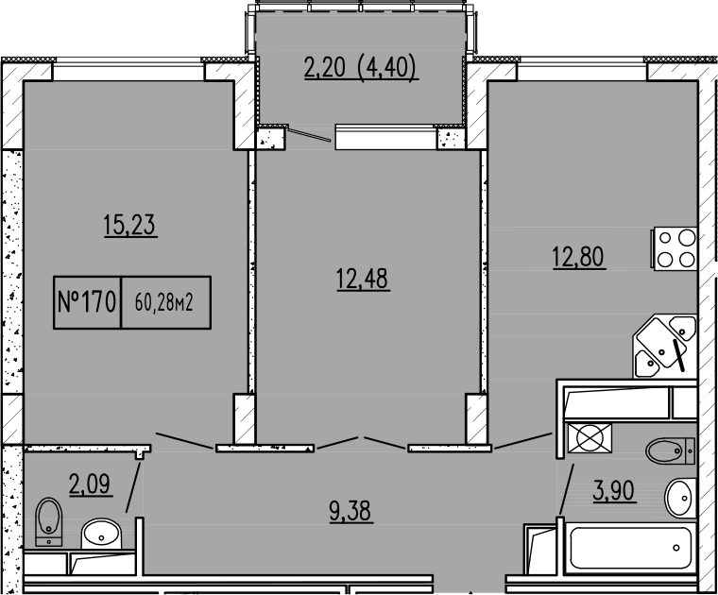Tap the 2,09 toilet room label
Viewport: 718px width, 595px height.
click(92, 486)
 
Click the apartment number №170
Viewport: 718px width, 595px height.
click(87, 302)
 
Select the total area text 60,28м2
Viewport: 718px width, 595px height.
click(164, 303)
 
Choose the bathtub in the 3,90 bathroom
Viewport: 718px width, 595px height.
click(628, 547)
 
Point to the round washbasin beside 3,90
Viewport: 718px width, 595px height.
click(679, 498)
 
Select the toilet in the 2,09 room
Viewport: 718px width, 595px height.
click(47, 521)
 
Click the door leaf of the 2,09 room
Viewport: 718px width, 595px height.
click(133, 484)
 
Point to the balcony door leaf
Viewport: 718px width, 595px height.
click(310, 135)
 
